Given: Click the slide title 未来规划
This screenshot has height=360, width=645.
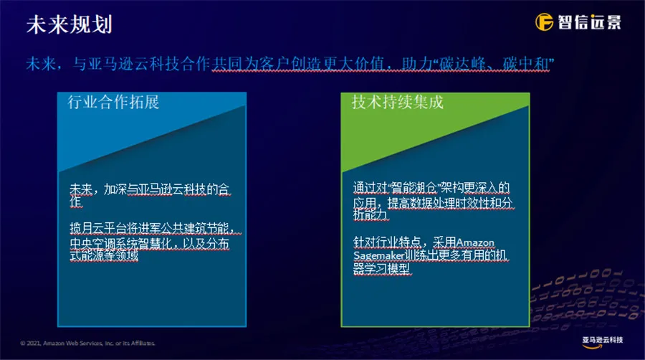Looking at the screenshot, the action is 69,24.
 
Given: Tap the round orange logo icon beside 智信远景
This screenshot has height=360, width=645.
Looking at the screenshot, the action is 544,22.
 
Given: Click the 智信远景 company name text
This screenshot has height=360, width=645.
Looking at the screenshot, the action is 590,22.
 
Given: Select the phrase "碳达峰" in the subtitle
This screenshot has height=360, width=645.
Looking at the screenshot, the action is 462,64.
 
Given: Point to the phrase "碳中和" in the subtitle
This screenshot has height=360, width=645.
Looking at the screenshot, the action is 526,64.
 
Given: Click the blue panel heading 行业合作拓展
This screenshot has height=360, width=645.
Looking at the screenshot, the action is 113,102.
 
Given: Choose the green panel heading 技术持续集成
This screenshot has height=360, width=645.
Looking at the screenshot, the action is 397,102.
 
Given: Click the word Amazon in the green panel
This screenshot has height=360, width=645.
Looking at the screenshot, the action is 475,242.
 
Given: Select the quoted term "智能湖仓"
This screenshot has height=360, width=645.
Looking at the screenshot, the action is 414,188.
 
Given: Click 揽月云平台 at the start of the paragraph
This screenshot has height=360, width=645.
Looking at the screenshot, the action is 98,228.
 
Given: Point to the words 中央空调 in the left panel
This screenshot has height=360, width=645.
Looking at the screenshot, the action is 92,244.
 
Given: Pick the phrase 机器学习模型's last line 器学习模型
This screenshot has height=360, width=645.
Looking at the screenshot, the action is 381,269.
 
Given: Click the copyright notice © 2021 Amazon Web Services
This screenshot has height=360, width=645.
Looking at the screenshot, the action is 87,343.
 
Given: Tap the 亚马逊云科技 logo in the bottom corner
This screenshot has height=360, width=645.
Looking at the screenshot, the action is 602,342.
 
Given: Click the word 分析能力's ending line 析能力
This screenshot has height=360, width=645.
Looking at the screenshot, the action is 371,214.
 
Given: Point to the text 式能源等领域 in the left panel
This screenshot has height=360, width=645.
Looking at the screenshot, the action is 104,255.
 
